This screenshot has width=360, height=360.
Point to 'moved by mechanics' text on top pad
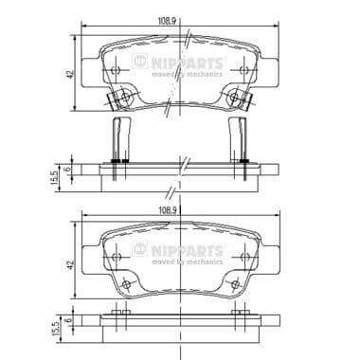(x=189, y=75)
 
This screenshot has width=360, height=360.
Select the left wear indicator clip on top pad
(x=119, y=99)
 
